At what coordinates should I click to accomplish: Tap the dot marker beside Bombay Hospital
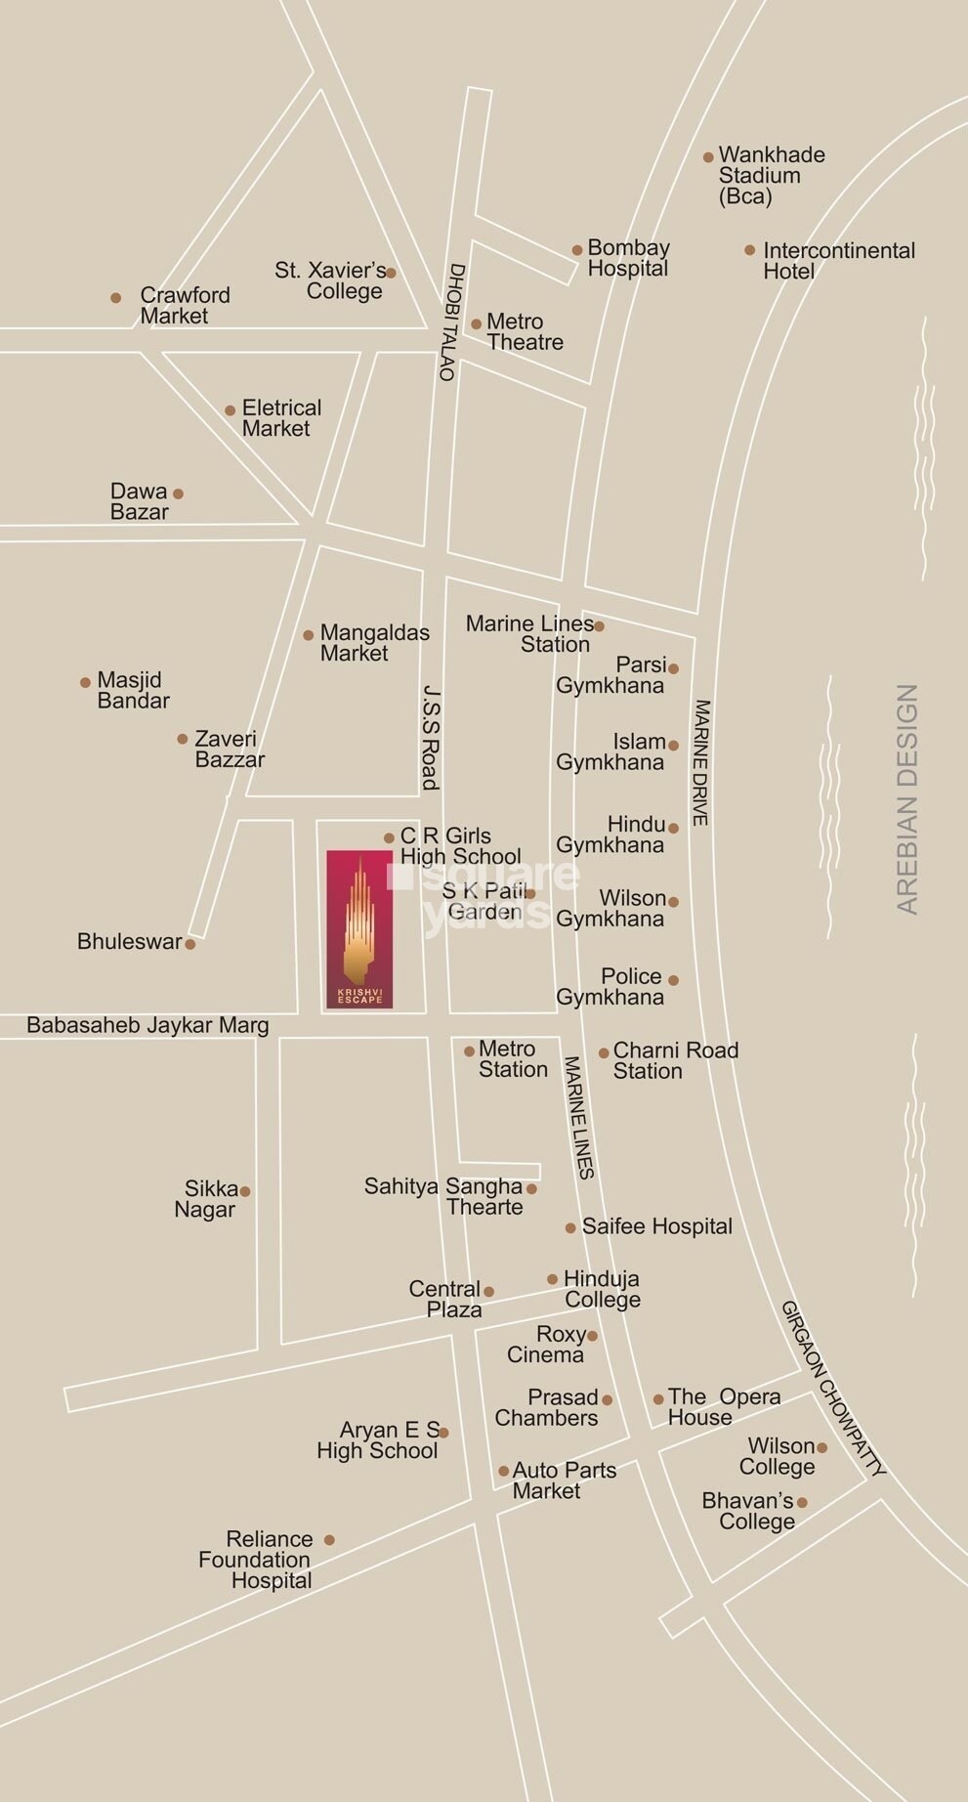pos(577,250)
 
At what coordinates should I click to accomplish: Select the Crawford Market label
pos(184,305)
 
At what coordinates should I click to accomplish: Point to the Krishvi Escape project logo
pos(359,929)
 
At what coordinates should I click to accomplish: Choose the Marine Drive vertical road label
pos(700,762)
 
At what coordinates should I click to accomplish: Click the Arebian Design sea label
pos(907,799)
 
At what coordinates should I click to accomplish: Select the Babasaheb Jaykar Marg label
pos(147,1025)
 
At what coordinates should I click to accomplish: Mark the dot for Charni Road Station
pos(604,1052)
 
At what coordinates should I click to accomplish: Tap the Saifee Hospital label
pos(656,1226)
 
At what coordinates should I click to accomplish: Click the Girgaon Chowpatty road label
pos(833,1388)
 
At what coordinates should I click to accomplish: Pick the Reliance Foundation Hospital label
pos(256,1560)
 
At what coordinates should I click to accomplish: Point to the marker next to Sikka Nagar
pos(245,1191)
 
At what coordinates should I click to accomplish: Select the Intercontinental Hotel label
pos(837,260)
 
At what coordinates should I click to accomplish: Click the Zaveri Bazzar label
pos(229,749)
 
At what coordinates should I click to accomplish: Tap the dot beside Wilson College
pos(821,1447)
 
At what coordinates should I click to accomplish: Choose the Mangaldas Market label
pos(373,643)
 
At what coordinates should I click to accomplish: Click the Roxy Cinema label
pos(547,1345)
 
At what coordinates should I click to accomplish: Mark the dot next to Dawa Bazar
pos(178,493)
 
